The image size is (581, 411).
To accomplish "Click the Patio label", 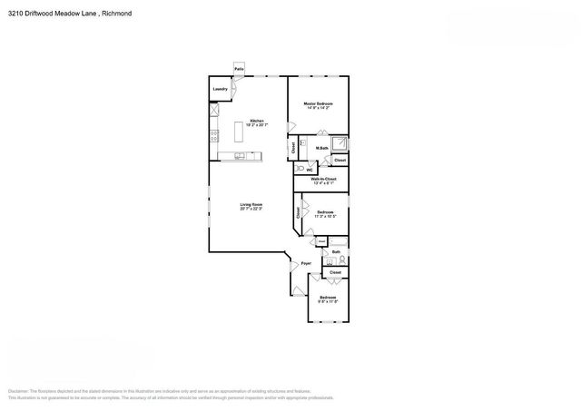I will (240, 69).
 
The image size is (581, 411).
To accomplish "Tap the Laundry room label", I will (220, 89).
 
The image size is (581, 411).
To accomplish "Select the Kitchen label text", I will (257, 122).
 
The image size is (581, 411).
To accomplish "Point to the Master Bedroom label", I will (318, 104).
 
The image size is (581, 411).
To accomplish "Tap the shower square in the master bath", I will (340, 142).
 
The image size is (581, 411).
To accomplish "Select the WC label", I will (310, 170).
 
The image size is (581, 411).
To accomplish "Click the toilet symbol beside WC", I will (300, 169).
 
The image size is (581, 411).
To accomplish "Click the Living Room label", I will (251, 205).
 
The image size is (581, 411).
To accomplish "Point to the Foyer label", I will (306, 263).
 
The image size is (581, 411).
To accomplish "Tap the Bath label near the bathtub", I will (335, 251).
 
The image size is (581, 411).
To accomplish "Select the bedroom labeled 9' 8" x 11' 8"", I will (328, 298).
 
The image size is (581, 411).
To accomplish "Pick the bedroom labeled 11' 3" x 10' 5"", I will (325, 214).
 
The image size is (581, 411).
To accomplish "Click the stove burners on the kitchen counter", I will (215, 136).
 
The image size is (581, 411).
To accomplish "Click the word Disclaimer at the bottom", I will (19, 389).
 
